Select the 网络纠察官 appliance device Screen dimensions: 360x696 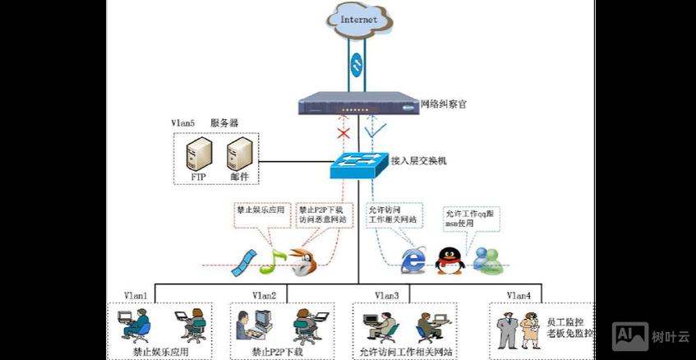click(x=358, y=105)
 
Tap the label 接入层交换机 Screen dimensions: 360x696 click(x=418, y=161)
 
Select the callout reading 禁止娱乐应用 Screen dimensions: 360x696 click(x=260, y=210)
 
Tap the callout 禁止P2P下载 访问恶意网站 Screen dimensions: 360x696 click(x=320, y=215)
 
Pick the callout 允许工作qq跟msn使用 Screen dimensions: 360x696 click(x=471, y=217)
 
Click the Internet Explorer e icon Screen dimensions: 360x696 click(x=413, y=260)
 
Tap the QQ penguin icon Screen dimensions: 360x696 click(x=449, y=260)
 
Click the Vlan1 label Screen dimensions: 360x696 click(x=136, y=295)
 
